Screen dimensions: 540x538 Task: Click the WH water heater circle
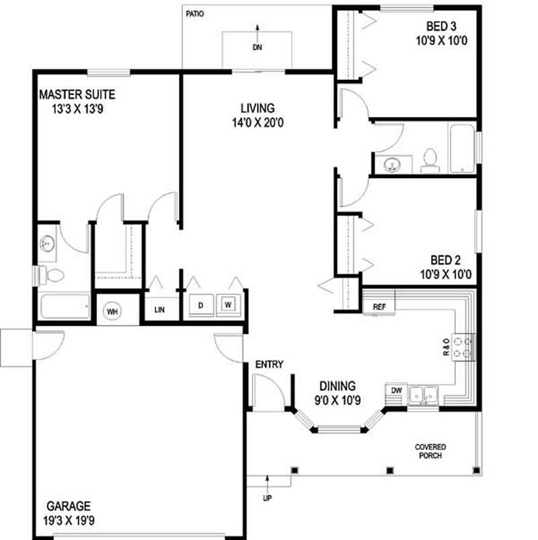[x=112, y=310]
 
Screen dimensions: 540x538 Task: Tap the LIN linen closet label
[x=159, y=310]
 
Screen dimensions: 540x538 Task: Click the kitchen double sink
[x=424, y=395]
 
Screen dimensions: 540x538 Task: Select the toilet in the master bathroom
[x=52, y=275]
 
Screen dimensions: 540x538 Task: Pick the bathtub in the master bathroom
[x=65, y=307]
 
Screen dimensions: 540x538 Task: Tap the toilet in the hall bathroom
[x=429, y=159]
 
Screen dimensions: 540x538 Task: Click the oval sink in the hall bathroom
[x=391, y=164]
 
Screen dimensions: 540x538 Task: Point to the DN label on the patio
[x=258, y=48]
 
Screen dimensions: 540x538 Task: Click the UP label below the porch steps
[x=268, y=498]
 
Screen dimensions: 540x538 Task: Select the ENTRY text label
[x=269, y=365]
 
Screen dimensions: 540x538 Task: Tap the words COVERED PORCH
[x=430, y=451]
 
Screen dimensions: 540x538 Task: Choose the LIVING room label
[x=257, y=107]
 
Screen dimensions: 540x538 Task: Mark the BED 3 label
[x=443, y=27]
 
